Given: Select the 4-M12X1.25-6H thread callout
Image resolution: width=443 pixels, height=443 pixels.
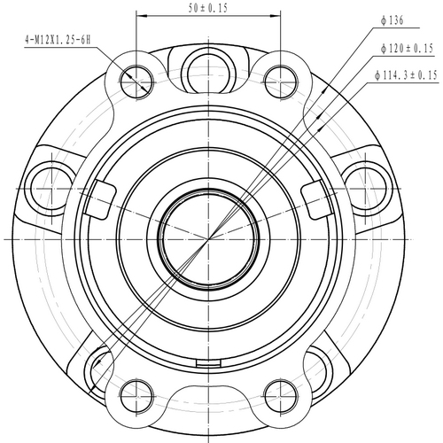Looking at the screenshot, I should click(58, 39).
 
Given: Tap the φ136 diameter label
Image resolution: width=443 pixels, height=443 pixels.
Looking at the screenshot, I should click(390, 19).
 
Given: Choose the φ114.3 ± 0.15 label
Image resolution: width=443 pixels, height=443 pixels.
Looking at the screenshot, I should click(407, 76).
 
